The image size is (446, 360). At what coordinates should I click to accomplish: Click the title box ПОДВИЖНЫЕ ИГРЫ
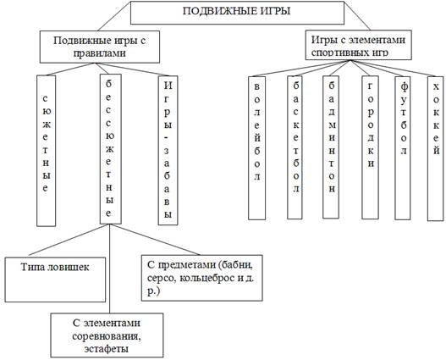[237, 13]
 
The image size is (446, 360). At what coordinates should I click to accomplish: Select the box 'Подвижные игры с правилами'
[100, 47]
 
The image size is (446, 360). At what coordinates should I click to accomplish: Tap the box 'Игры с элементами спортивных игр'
[358, 45]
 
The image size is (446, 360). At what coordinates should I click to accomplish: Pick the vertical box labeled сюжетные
[46, 151]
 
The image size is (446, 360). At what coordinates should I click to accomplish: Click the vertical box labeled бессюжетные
[110, 149]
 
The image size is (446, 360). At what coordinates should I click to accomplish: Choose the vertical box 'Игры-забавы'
[168, 150]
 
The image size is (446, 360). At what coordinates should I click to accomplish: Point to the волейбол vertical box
[256, 148]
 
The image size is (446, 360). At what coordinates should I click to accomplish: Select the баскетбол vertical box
[295, 147]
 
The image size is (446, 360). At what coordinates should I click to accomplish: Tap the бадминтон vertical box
[331, 147]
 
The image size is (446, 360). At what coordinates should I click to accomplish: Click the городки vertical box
[370, 147]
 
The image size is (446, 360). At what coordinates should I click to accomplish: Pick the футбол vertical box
[403, 148]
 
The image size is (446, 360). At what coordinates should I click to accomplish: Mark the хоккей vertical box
[436, 148]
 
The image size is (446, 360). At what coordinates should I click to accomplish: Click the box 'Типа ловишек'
[55, 280]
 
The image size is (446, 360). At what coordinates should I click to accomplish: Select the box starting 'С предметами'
[202, 278]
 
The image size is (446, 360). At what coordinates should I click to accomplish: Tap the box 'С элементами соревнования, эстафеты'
[107, 335]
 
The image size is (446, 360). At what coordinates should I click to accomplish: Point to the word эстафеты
[107, 349]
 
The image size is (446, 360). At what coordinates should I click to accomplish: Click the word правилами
[100, 53]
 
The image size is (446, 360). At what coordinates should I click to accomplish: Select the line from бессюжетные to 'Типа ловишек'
[68, 240]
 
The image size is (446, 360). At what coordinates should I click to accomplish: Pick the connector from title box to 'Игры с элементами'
[357, 15]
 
